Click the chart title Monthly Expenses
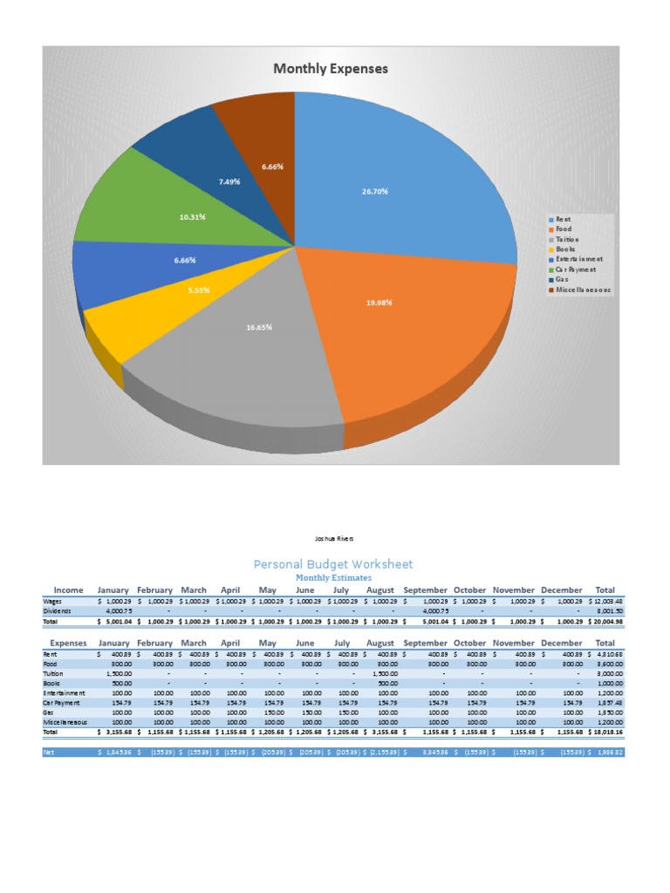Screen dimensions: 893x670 (331, 69)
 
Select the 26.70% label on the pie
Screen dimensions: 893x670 (375, 191)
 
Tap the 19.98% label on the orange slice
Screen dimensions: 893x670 (379, 303)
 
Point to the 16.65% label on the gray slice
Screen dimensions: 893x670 (259, 327)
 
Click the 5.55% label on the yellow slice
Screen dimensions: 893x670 (199, 290)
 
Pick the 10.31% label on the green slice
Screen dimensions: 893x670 (193, 216)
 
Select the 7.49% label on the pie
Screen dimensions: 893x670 (229, 181)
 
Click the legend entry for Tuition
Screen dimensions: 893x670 (566, 239)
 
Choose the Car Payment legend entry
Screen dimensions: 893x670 (577, 269)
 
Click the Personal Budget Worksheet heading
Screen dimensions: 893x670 (333, 564)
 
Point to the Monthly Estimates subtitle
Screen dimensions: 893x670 (333, 577)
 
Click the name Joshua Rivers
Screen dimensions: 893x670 (334, 539)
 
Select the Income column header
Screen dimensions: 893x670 (69, 590)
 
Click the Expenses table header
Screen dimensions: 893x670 (67, 643)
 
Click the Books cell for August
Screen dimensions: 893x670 (386, 684)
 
